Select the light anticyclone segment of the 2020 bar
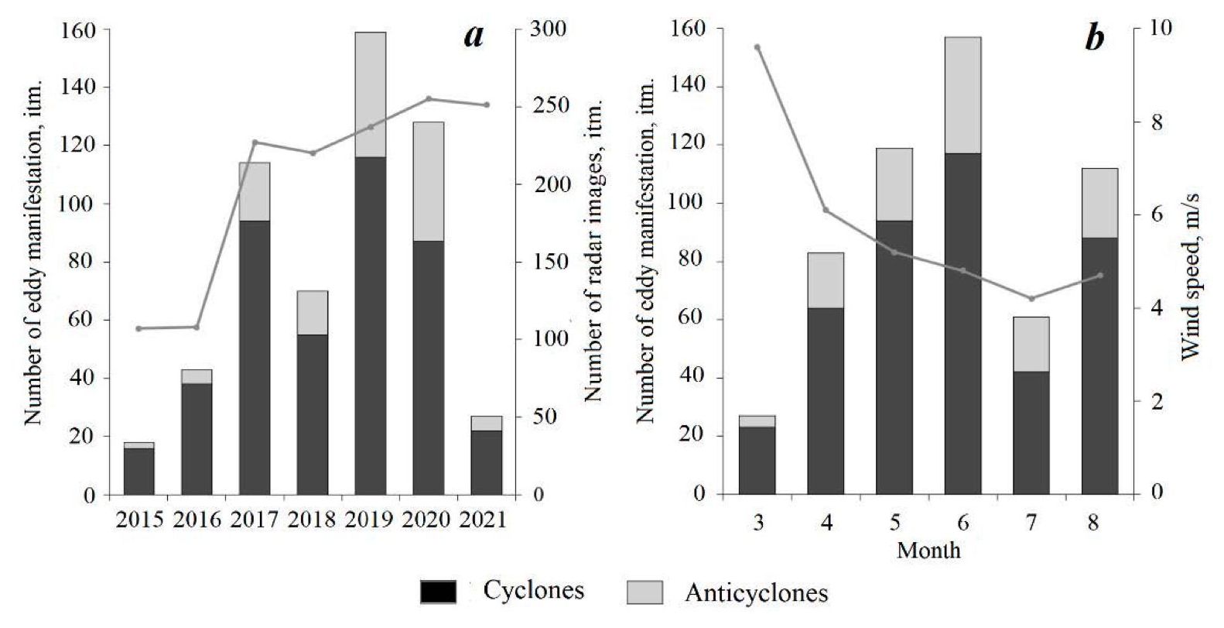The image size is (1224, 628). (x=428, y=181)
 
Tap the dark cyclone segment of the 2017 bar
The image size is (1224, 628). (x=255, y=356)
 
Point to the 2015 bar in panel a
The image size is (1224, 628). (x=139, y=469)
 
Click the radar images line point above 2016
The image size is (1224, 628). (x=197, y=327)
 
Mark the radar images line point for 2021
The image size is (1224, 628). (x=487, y=105)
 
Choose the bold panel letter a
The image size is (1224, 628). (x=474, y=36)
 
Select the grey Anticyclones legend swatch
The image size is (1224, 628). (x=644, y=592)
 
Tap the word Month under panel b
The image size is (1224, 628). (x=928, y=551)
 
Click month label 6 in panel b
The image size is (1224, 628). (x=963, y=523)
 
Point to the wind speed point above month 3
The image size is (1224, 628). (x=757, y=47)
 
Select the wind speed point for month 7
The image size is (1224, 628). (x=1031, y=299)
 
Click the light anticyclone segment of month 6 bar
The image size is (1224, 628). (x=962, y=94)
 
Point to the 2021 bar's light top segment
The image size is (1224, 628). (x=487, y=423)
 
